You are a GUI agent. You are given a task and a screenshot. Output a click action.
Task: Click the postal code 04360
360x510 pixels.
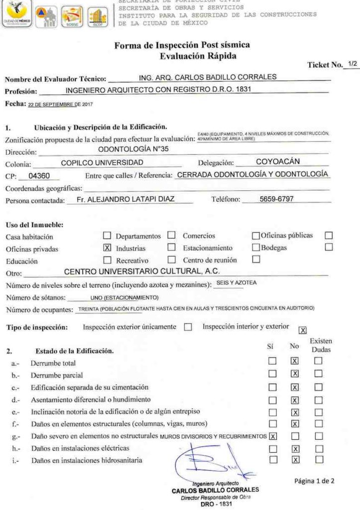pos(39,176)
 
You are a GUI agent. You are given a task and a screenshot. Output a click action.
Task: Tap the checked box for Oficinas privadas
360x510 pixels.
pos(107,247)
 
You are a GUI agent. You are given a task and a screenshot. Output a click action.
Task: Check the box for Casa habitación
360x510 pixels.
pos(107,235)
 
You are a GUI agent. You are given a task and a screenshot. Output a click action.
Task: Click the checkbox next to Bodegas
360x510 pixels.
pos(328,247)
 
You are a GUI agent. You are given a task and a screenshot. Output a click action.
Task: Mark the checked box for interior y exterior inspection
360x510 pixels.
pos(302,329)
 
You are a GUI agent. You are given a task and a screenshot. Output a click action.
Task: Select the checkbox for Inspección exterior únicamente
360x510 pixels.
pos(188,328)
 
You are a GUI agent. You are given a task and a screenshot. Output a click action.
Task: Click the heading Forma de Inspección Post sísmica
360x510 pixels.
pos(182,45)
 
